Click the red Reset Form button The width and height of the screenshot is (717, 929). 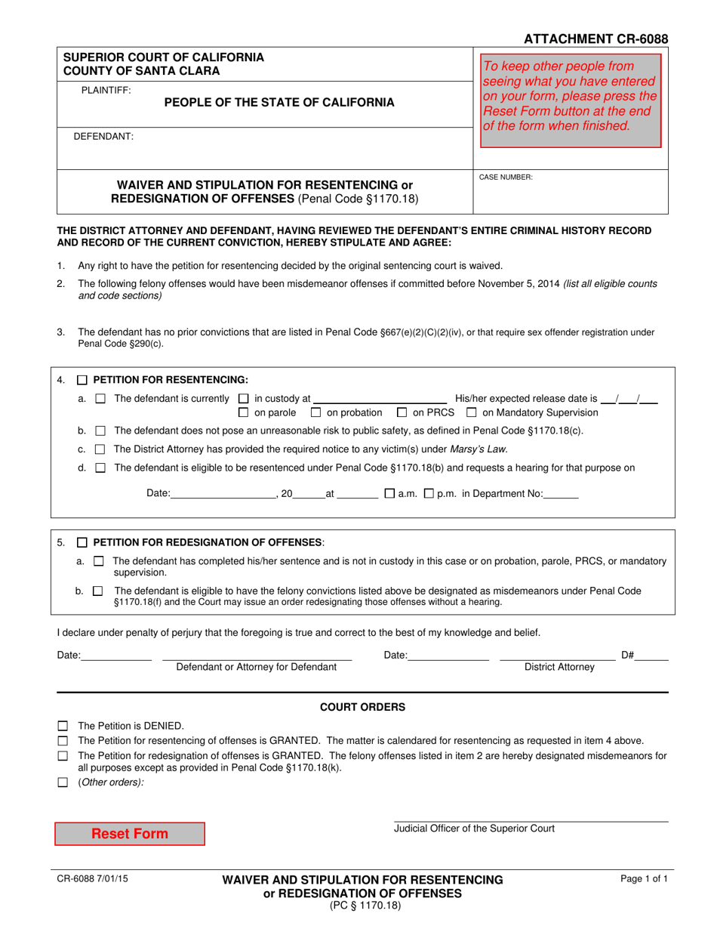[x=129, y=834]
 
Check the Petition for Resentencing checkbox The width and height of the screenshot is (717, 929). [x=83, y=380]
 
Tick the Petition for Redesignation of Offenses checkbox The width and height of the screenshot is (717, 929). [x=83, y=542]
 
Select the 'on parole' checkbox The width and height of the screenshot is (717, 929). [x=243, y=412]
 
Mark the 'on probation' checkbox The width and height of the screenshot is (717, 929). [x=315, y=412]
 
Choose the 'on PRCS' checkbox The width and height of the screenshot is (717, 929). [x=402, y=412]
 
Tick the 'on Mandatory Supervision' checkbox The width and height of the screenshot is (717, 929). [x=472, y=412]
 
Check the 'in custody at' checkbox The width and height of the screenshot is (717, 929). [x=243, y=399]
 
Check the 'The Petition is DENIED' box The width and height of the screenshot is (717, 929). [x=63, y=725]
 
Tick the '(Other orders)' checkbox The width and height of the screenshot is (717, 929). [x=63, y=782]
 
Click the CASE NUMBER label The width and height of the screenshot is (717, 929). [x=506, y=177]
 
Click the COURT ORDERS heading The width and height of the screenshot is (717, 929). [x=362, y=707]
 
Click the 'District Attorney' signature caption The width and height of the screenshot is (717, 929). [x=559, y=667]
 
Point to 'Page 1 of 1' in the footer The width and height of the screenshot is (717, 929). [x=644, y=879]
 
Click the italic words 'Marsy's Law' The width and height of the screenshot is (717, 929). [x=479, y=449]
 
